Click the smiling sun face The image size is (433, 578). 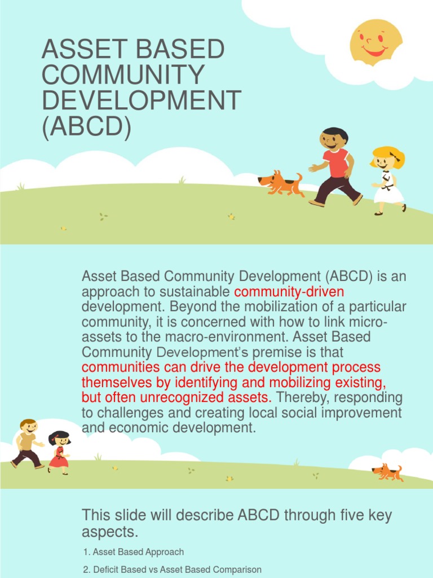click(x=375, y=42)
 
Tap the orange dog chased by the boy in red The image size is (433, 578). click(x=280, y=183)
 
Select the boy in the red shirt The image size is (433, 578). click(x=336, y=167)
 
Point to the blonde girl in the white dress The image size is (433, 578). click(x=388, y=180)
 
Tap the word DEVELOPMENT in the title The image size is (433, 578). click(x=141, y=100)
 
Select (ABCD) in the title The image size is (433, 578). click(x=86, y=126)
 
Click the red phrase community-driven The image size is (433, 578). click(x=289, y=292)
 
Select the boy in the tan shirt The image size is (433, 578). click(x=27, y=444)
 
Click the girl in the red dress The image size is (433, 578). click(x=59, y=452)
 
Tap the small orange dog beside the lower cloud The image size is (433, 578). click(x=388, y=472)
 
